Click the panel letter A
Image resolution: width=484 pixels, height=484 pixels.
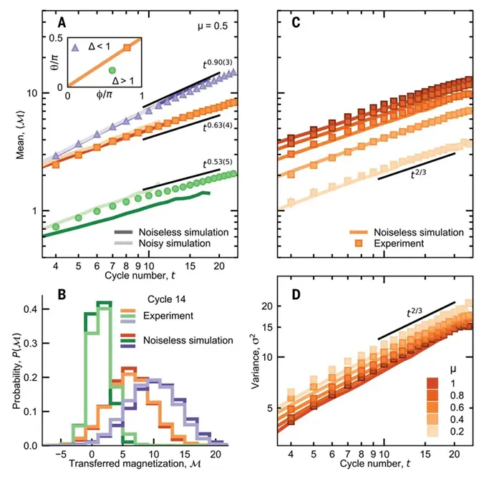[x=62, y=22]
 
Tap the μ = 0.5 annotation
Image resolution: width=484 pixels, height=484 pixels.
[x=213, y=26]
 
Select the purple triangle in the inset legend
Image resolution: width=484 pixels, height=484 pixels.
[x=75, y=47]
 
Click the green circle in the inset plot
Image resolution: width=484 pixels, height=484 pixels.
[x=112, y=71]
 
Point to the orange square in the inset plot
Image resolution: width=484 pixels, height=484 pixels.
[x=127, y=47]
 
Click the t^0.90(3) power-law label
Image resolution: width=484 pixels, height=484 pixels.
[x=218, y=64]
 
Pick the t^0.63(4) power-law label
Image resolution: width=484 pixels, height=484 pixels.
[x=218, y=127]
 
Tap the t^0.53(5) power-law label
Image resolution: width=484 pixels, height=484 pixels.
[x=218, y=163]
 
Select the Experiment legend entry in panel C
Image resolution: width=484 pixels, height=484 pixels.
[x=387, y=243]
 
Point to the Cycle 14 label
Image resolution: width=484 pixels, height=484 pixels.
[x=167, y=299]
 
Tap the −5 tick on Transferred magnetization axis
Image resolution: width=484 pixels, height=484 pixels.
[x=61, y=455]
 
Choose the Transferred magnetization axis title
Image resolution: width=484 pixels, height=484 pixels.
[x=135, y=463]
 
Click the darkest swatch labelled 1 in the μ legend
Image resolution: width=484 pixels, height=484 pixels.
[x=432, y=383]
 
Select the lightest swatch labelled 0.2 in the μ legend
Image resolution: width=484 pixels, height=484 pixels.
[x=432, y=431]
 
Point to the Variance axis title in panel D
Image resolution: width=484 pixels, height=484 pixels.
[x=256, y=360]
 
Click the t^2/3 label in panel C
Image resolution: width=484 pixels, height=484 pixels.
[x=419, y=174]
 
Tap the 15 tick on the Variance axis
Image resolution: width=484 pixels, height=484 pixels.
[x=267, y=327]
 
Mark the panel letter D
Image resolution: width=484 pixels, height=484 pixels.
[x=296, y=295]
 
